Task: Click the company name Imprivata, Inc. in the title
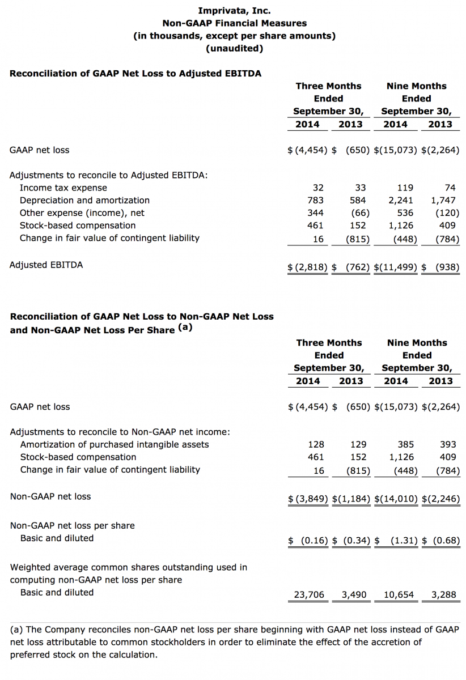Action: (x=234, y=10)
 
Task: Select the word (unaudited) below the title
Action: (x=234, y=48)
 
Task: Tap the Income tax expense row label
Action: (x=63, y=188)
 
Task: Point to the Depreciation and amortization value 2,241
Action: (x=400, y=200)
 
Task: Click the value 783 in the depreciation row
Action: (x=315, y=200)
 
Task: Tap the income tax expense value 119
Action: (x=405, y=188)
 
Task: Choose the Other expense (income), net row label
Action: (x=82, y=213)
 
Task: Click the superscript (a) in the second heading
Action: (x=185, y=328)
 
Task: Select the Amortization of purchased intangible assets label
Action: (x=114, y=444)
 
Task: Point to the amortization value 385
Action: (x=405, y=444)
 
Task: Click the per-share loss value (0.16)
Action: (x=314, y=541)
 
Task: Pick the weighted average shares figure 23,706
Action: (x=309, y=595)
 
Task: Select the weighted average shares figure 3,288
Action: (x=443, y=595)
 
